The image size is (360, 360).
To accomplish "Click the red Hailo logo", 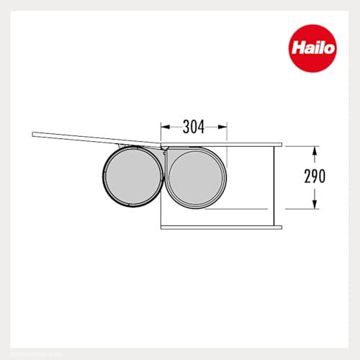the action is point(313,48).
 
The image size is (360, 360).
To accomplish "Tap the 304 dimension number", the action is point(194,127).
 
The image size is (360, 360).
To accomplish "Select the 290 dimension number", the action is point(315,176).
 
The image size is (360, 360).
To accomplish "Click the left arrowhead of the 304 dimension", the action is point(166,127).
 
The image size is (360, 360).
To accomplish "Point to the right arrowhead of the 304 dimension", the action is point(222,127).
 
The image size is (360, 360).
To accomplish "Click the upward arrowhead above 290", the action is point(315,151).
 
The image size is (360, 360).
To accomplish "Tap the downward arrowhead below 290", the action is point(315,204).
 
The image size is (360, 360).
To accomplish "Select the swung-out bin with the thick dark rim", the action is point(133,176).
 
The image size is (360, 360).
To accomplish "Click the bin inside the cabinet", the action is point(196,178).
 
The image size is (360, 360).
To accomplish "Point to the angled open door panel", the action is point(96,139).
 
